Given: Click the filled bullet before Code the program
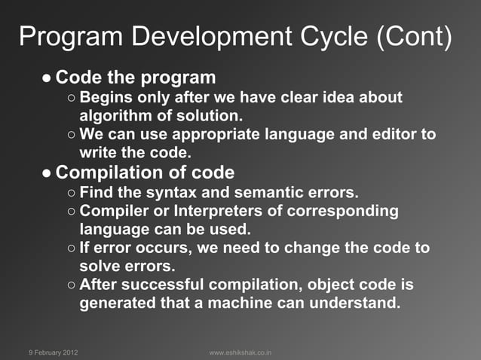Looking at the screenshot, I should click(47, 78).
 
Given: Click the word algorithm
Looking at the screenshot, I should click(112, 116).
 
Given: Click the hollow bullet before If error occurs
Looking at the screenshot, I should click(70, 249).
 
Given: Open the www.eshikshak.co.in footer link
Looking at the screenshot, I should click(240, 352).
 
